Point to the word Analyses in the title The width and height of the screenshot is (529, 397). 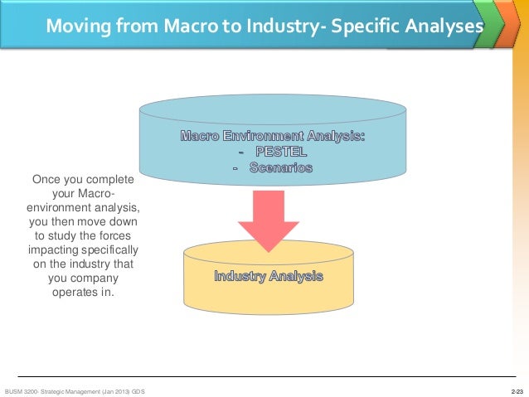tap(442, 27)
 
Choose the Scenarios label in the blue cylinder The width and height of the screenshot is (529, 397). tap(277, 167)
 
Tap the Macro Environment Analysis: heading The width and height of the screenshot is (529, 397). tap(272, 136)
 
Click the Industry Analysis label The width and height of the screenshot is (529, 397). tap(268, 276)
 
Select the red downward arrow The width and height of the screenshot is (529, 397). tap(268, 220)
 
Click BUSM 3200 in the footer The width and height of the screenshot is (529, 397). tap(22, 390)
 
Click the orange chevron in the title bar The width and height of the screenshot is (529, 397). tap(502, 26)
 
